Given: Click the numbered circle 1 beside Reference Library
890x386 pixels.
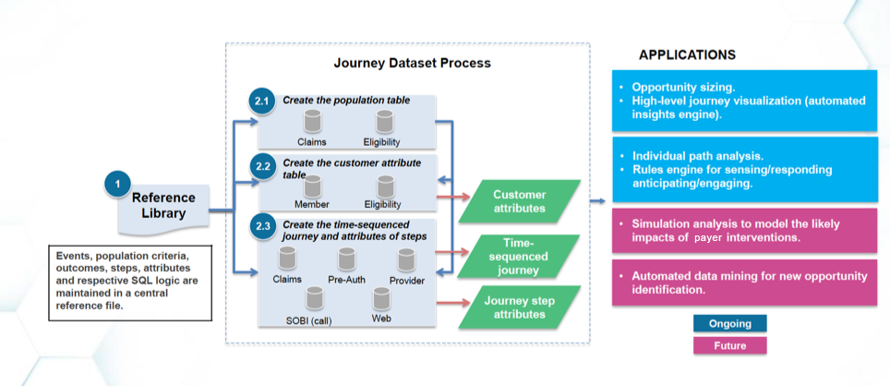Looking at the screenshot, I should click(117, 184).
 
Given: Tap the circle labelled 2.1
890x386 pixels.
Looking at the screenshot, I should click(260, 102).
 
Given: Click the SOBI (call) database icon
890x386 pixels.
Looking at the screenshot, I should click(315, 297).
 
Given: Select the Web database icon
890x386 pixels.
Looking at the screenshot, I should click(380, 298).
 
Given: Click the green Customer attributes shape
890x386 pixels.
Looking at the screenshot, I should click(520, 201).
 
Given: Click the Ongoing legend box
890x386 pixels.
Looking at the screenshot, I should click(729, 323).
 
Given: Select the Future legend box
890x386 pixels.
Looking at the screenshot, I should click(729, 346).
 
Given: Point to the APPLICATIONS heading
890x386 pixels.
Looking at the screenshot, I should click(687, 54).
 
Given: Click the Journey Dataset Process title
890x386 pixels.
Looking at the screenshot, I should click(412, 64).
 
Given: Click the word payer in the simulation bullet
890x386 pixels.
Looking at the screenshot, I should click(729, 237).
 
